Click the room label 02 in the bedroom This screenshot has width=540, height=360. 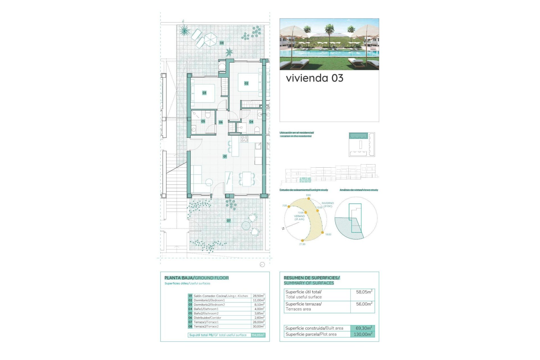click(x=246, y=83)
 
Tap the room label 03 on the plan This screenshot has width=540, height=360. click(x=204, y=93)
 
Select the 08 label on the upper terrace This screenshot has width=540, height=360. click(x=222, y=43)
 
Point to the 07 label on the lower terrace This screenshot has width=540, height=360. click(x=229, y=221)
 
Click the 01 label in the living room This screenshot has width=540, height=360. click(x=225, y=156)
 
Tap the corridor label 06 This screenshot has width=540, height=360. click(x=221, y=122)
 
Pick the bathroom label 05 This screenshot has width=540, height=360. click(x=203, y=121)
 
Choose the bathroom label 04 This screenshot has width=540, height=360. click(x=251, y=122)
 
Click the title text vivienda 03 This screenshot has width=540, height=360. click(x=314, y=78)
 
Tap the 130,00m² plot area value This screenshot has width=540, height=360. click(x=363, y=334)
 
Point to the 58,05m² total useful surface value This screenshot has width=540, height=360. click(x=364, y=292)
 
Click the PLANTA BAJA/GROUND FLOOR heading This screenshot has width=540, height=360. click(x=196, y=278)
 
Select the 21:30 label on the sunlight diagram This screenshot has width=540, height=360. click(x=302, y=244)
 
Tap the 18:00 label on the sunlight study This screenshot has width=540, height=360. click(x=328, y=234)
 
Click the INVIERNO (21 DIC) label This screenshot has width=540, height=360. click(x=328, y=204)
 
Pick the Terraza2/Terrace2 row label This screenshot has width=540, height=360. click(x=206, y=327)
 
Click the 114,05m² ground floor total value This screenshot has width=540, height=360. click(x=258, y=335)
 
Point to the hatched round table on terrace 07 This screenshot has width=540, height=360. click(x=246, y=226)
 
